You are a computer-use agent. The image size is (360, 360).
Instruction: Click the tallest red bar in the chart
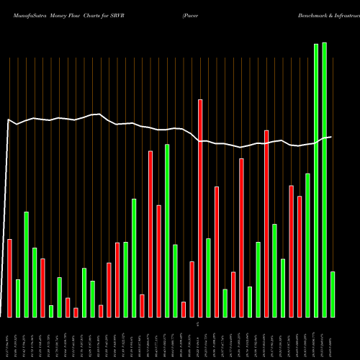[x=200, y=208]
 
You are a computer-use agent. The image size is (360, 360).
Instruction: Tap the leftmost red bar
[x=9, y=277]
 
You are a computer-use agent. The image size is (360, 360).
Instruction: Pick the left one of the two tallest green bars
[x=316, y=180]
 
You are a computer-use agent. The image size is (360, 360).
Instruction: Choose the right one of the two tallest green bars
[x=324, y=179]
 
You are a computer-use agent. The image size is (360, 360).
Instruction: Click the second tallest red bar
[x=266, y=223]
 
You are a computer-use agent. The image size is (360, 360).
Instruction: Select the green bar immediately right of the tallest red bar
[x=209, y=277]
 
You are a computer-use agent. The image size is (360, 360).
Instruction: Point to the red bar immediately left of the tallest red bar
[x=192, y=289]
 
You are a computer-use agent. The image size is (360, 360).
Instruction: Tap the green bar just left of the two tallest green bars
[x=307, y=245]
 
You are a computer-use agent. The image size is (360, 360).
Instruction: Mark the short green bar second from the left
[x=18, y=298]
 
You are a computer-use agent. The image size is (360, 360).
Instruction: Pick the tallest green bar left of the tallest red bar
[x=167, y=230]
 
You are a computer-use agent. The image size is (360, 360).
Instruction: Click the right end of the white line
[x=330, y=137]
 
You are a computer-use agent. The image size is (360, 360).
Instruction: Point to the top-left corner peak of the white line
[x=8, y=120]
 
